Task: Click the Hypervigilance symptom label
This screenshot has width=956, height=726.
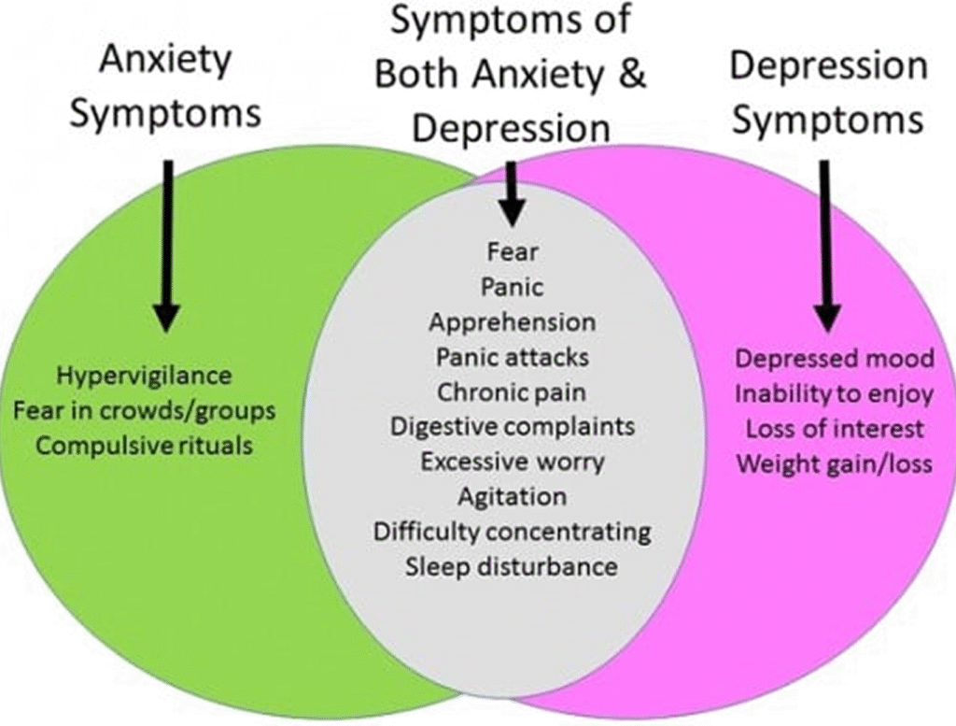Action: pos(144,376)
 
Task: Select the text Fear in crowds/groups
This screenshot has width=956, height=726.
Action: pos(144,410)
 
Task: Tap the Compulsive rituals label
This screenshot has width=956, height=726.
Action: pos(144,445)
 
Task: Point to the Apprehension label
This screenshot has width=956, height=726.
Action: pos(512,322)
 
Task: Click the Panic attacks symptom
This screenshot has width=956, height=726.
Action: pos(512,357)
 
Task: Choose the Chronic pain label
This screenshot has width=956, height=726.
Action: pos(512,391)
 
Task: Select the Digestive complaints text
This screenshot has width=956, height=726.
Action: pos(512,426)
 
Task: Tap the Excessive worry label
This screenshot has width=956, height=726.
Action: pos(512,462)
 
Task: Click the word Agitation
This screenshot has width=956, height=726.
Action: pos(512,496)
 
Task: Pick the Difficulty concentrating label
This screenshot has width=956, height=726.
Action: pos(512,532)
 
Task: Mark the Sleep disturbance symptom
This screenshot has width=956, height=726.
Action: pos(512,566)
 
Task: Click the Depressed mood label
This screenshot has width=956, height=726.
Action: pos(834,359)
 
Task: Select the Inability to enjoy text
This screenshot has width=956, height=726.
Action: pos(834,393)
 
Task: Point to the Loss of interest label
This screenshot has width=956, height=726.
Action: pos(834,429)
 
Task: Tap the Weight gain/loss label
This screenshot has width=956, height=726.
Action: pos(834,463)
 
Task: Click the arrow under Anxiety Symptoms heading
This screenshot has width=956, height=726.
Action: pos(166,243)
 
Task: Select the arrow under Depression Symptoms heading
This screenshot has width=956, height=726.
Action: pos(824,243)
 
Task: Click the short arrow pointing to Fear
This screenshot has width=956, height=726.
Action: pos(511,192)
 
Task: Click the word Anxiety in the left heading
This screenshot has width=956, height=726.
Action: pos(166,62)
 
